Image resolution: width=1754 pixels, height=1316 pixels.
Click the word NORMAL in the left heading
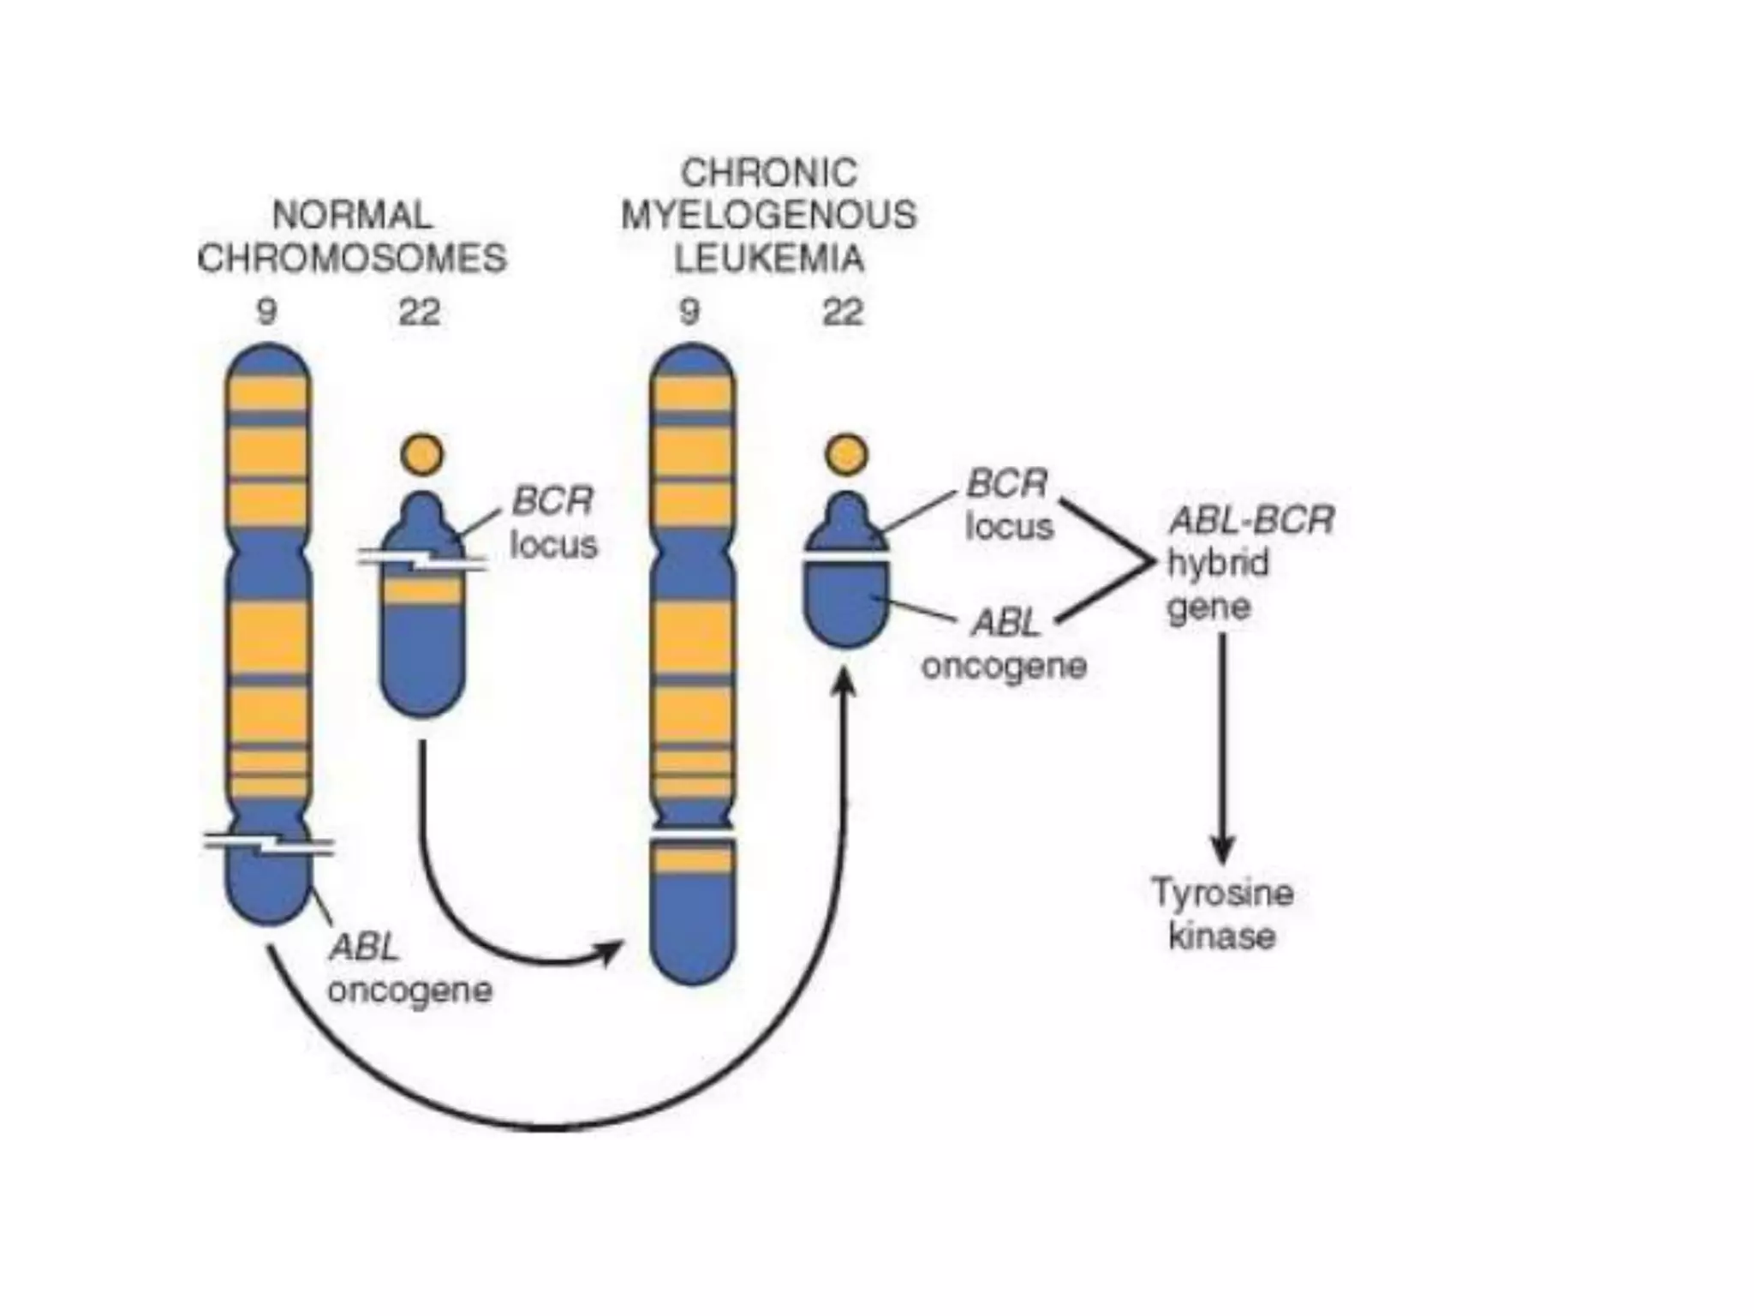click(352, 215)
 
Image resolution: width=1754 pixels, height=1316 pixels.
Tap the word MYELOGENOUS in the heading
click(768, 215)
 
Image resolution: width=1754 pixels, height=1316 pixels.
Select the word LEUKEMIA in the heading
click(768, 258)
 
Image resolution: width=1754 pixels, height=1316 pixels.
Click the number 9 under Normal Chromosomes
click(267, 312)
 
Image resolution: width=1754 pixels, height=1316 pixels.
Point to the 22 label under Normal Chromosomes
click(420, 312)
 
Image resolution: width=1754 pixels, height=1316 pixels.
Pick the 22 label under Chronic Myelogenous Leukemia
click(843, 312)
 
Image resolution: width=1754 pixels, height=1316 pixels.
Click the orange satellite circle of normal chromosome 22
click(421, 454)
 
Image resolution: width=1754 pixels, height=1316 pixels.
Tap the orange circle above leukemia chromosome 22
click(846, 454)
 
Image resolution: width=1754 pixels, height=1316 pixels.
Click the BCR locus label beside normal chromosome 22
click(552, 523)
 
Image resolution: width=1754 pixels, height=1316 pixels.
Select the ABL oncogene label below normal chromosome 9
click(409, 969)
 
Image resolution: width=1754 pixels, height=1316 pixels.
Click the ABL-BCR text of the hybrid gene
click(1251, 520)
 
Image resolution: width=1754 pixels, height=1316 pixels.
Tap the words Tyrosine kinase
click(1221, 913)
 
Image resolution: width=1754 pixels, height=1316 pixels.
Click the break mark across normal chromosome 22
click(421, 561)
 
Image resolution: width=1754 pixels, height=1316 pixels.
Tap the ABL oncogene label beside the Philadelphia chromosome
click(1005, 644)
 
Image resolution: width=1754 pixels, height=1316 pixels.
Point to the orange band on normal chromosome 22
click(421, 591)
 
